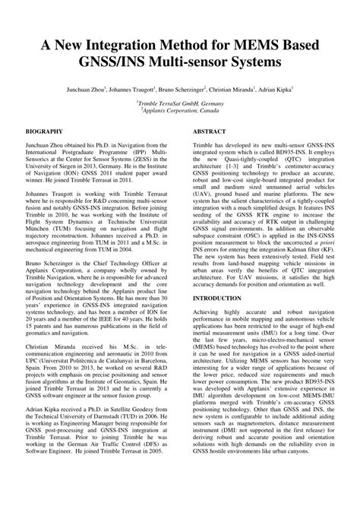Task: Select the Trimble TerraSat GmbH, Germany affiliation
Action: click(x=180, y=103)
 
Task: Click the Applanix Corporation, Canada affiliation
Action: click(x=180, y=110)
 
